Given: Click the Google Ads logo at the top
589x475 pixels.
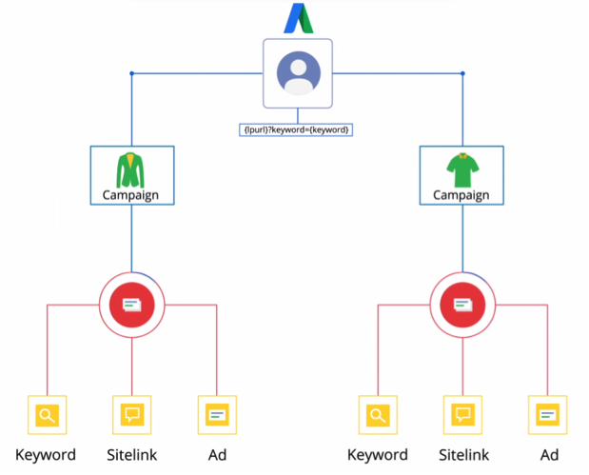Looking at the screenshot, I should (x=298, y=18).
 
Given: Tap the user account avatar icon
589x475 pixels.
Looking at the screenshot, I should (x=298, y=72).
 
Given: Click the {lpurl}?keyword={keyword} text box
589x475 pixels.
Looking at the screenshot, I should (x=296, y=129).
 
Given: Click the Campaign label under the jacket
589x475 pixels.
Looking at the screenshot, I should (x=131, y=196).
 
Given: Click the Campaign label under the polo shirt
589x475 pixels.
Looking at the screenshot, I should (x=461, y=196).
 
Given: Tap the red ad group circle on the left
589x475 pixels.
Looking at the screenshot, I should (x=131, y=305).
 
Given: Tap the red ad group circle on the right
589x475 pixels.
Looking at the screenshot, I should (x=462, y=305).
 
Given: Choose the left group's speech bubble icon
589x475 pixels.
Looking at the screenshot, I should (x=131, y=415).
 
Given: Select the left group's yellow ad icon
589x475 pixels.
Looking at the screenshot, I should (x=217, y=415).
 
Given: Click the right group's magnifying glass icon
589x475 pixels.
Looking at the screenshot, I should (x=378, y=415).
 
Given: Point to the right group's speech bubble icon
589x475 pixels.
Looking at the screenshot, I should (x=462, y=415).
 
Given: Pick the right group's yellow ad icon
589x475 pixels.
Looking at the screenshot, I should (x=547, y=415).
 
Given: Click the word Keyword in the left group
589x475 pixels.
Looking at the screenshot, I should (x=46, y=454).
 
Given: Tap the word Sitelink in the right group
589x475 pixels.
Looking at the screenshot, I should (x=463, y=454).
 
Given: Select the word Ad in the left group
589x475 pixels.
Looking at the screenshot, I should (x=217, y=454).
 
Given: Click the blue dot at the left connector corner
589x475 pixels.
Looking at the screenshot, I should (x=131, y=73).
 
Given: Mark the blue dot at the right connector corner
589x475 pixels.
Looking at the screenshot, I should (x=462, y=73).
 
